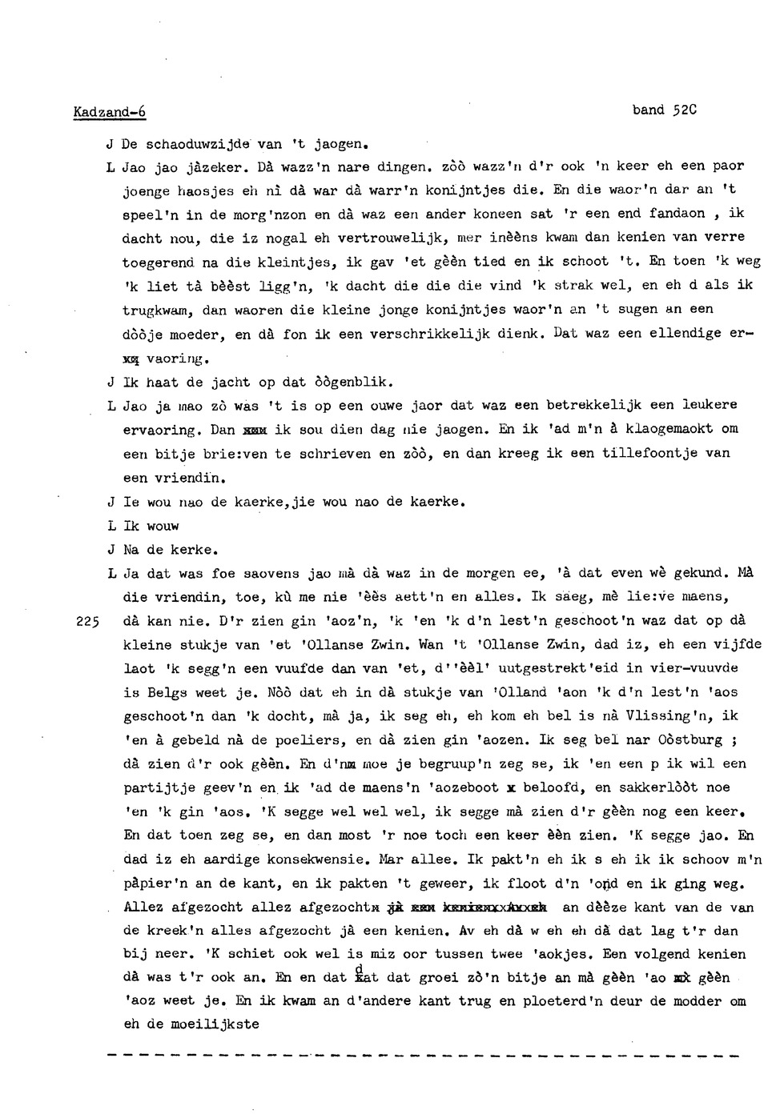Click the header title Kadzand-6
coord(110,112)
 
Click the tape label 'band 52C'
coord(665,110)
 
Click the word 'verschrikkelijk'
coord(436,334)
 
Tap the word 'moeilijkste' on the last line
coord(214,1024)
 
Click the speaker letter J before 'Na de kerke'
coord(111,551)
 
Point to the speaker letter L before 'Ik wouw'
coord(111,527)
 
